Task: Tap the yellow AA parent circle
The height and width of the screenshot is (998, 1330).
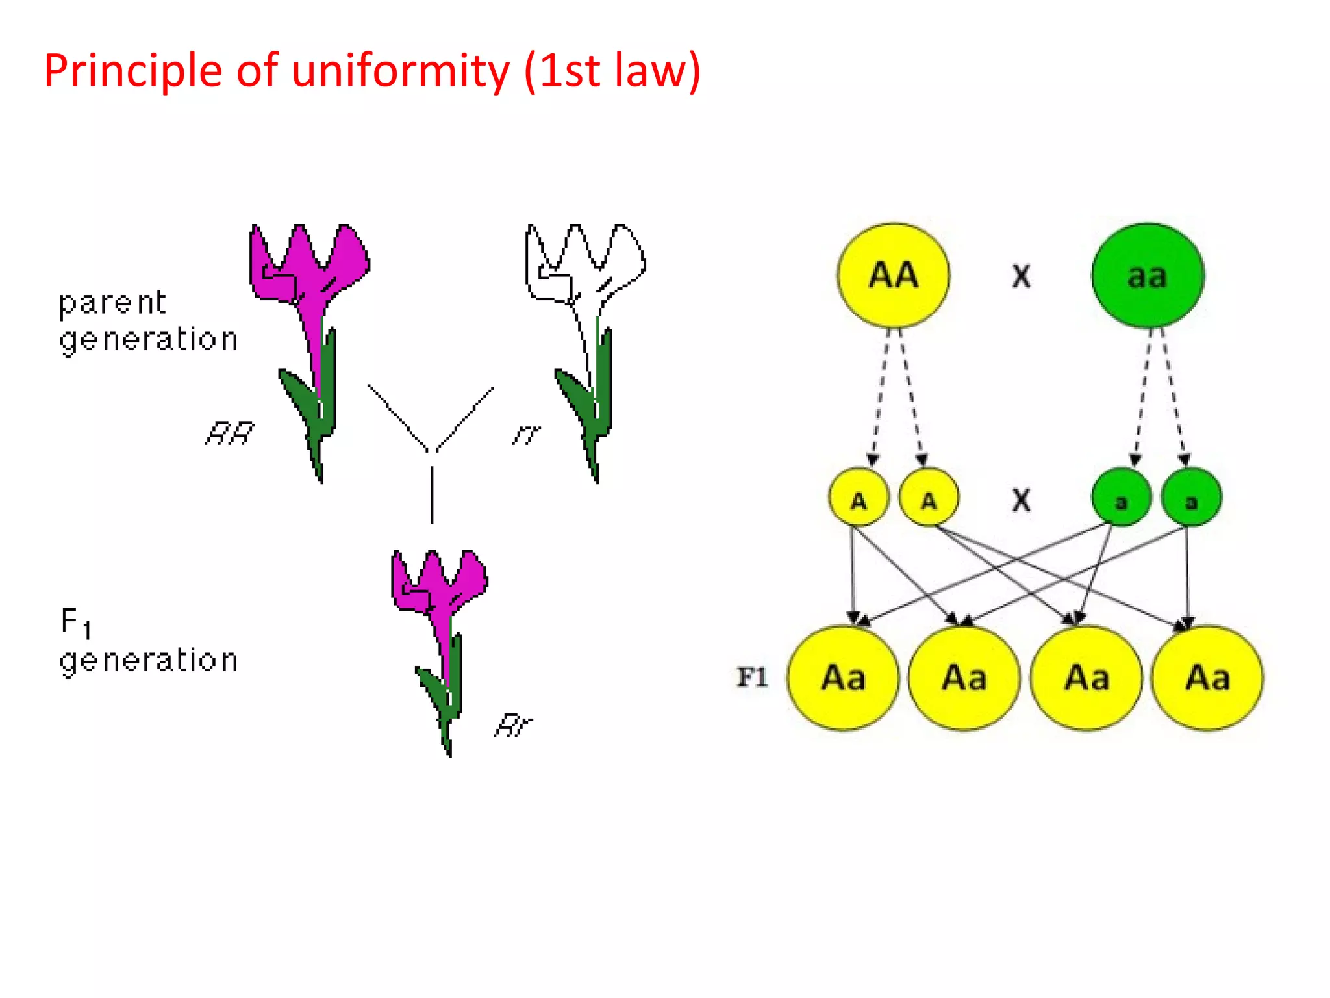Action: [x=894, y=275]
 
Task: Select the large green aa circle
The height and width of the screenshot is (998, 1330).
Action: [x=1148, y=275]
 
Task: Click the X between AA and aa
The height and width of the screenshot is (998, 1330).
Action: [x=1021, y=277]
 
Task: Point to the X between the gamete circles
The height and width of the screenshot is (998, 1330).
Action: [x=1021, y=500]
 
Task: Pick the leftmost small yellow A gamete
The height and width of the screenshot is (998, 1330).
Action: [x=859, y=497]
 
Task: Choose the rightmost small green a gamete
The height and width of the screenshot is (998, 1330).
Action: [x=1191, y=497]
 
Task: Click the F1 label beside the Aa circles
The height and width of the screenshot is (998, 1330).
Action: [x=752, y=678]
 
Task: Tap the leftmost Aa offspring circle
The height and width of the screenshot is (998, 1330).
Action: [x=843, y=678]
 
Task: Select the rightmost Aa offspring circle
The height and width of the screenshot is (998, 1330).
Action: [x=1208, y=678]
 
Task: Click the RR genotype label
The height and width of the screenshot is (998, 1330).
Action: [x=229, y=433]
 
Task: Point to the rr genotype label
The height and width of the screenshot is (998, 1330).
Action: [x=526, y=434]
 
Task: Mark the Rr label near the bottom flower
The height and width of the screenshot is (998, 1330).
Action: [x=513, y=725]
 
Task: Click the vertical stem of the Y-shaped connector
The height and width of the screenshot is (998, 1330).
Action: [x=432, y=494]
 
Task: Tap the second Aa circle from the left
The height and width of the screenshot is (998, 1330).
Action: [x=964, y=678]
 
